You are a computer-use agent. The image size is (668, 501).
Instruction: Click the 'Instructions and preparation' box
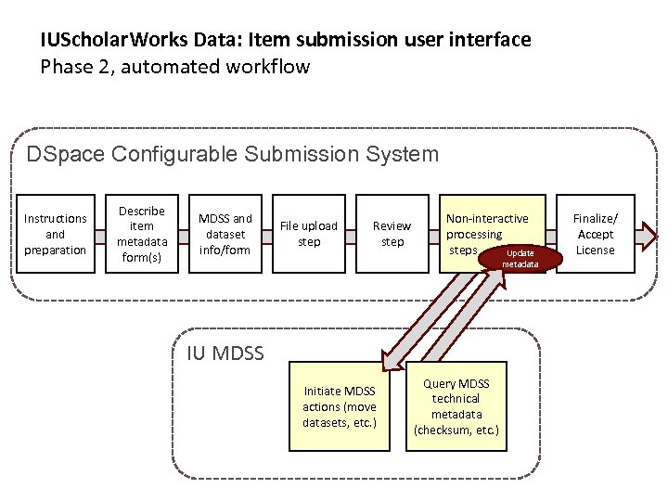pyautogui.click(x=56, y=234)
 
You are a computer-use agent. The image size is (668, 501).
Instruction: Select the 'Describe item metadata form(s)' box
pyautogui.click(x=141, y=234)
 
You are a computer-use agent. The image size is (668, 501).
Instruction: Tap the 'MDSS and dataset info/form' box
pyautogui.click(x=225, y=234)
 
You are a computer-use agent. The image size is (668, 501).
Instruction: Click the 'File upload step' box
pyautogui.click(x=308, y=234)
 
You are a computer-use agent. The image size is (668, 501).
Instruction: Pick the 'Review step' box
pyautogui.click(x=392, y=234)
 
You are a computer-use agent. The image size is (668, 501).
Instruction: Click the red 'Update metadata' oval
pyautogui.click(x=520, y=258)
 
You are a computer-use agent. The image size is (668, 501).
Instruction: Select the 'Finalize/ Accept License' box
pyautogui.click(x=595, y=234)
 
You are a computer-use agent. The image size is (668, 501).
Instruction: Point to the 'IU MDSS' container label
pyautogui.click(x=225, y=353)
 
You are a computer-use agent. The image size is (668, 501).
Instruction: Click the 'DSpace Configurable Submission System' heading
pyautogui.click(x=232, y=154)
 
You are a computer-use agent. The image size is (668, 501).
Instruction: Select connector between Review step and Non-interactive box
pyautogui.click(x=434, y=234)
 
